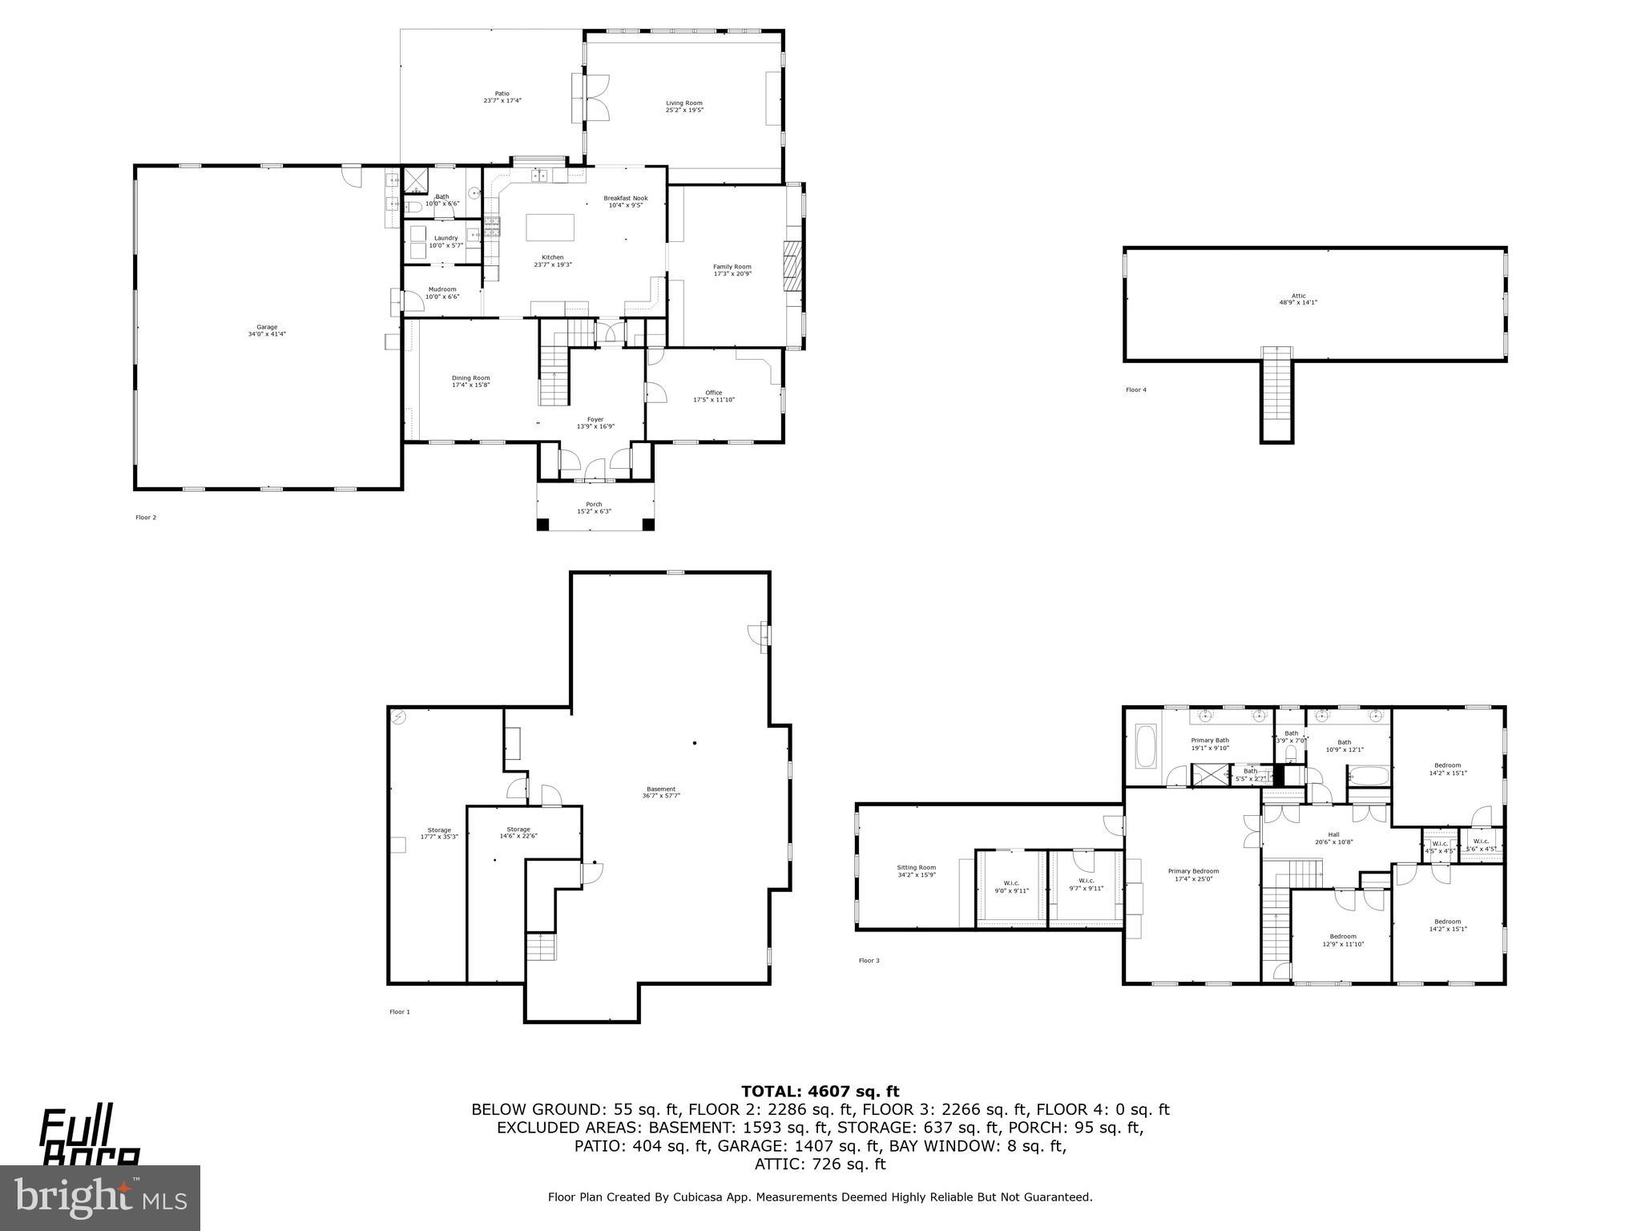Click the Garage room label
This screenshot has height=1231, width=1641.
(x=267, y=330)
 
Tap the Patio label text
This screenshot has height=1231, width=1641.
(x=502, y=97)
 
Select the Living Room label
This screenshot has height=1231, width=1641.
(x=684, y=106)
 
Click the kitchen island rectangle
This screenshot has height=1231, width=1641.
(x=550, y=228)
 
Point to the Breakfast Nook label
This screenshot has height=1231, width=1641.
(x=626, y=201)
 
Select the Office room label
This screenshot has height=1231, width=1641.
(x=713, y=396)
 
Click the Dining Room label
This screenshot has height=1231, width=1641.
(x=470, y=381)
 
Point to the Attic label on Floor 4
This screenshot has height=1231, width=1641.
(x=1298, y=299)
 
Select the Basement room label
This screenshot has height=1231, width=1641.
(x=661, y=792)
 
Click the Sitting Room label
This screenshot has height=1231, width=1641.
(x=916, y=870)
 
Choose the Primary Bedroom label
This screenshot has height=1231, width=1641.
(x=1193, y=874)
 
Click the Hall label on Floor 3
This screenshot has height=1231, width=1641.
(x=1333, y=837)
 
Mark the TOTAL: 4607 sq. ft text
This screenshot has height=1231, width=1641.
(x=820, y=1091)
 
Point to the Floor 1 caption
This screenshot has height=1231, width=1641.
(x=399, y=1011)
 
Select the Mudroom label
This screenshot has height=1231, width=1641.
(x=441, y=293)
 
